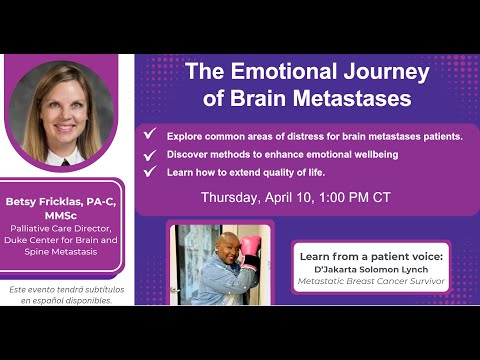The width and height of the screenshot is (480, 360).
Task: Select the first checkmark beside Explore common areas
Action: coord(149,133)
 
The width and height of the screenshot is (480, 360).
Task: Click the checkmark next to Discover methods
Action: coord(149,154)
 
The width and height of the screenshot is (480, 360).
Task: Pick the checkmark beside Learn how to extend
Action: coord(149,171)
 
